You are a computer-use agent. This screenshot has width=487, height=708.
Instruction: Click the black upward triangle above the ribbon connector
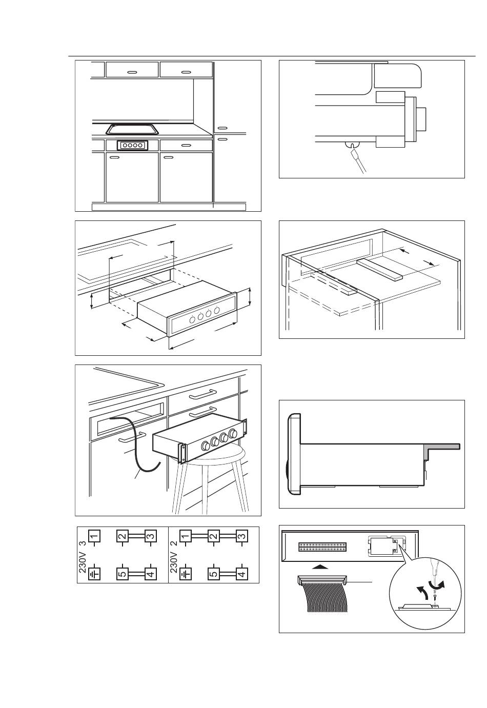pyautogui.click(x=320, y=567)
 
